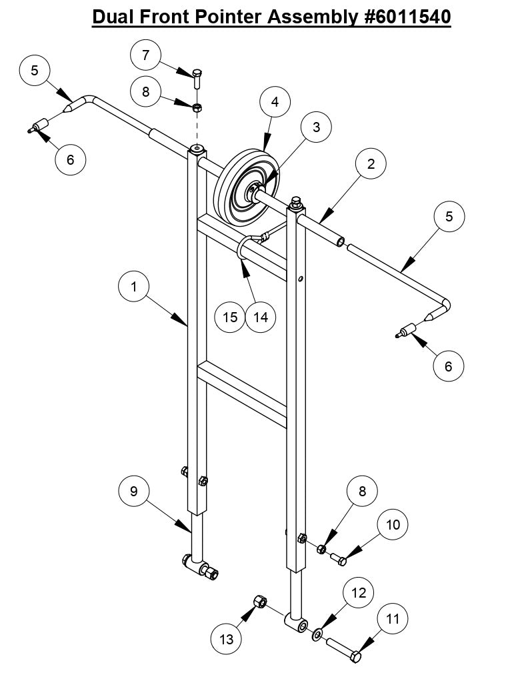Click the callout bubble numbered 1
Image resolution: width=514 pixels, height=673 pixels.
134,287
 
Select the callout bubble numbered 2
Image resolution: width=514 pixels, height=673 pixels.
371,163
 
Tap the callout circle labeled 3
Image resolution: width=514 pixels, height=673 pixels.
317,127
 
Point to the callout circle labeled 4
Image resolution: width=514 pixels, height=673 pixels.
275,102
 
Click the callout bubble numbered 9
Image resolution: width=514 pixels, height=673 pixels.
134,491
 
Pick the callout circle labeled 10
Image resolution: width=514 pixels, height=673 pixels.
393,524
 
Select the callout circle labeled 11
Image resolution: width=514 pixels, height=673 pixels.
393,619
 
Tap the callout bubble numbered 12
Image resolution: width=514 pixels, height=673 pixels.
359,592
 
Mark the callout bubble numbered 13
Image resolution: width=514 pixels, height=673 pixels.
227,639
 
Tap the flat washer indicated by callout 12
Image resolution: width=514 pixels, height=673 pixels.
316,632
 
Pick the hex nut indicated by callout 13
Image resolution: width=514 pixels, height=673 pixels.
261,602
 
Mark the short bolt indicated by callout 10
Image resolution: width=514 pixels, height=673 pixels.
338,559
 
